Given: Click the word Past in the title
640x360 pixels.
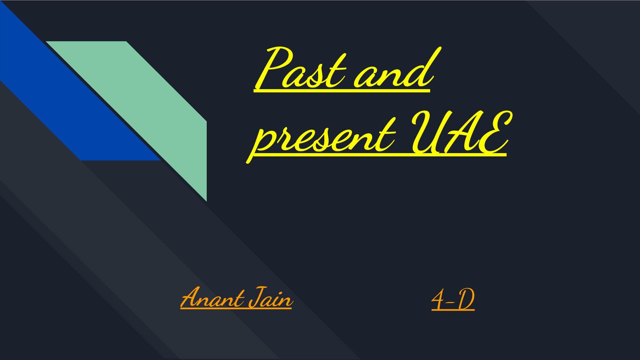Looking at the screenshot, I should tap(303, 70).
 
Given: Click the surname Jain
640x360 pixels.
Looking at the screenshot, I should tap(271, 298).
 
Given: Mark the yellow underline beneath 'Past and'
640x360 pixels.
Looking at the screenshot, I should tap(341, 90).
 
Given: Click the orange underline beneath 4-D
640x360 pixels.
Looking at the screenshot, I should tap(453, 310).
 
